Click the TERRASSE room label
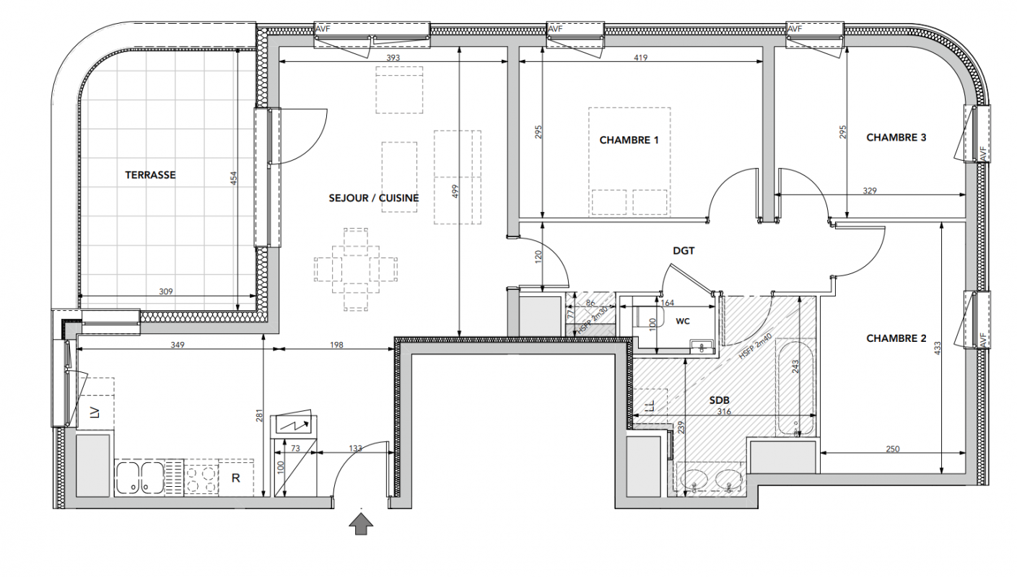click(150, 175)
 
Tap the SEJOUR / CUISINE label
click(374, 198)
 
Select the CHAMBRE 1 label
click(629, 140)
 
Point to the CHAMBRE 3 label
click(896, 138)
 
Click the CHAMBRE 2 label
click(896, 338)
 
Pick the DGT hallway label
click(684, 251)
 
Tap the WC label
click(683, 321)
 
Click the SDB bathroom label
click(720, 400)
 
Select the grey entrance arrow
click(361, 524)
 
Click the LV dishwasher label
click(95, 413)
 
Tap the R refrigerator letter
click(235, 478)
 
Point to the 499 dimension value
click(456, 191)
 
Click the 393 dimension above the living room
click(393, 58)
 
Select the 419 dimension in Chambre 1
click(641, 58)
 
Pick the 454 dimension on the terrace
click(233, 178)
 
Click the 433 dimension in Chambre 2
click(938, 348)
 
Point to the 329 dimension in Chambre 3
click(870, 190)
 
